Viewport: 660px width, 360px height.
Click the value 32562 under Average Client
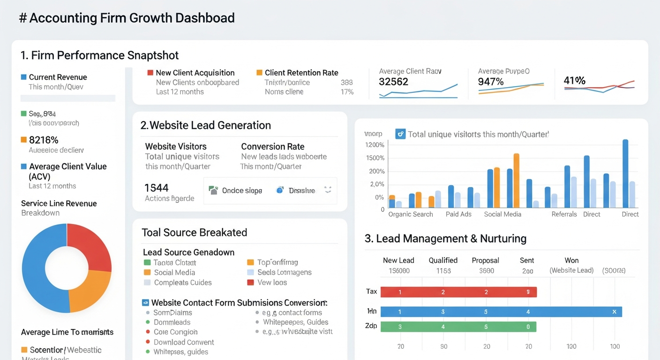coord(393,82)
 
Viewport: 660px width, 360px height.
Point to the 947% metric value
coord(491,82)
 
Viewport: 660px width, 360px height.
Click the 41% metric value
coord(574,81)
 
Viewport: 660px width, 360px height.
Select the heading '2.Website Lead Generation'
coord(205,125)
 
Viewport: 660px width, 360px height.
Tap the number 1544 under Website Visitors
coord(157,188)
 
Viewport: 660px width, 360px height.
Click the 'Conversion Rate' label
coord(272,146)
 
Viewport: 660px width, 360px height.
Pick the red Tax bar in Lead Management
coord(458,292)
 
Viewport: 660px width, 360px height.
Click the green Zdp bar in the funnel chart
coord(458,327)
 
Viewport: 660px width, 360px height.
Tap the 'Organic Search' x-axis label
coord(411,214)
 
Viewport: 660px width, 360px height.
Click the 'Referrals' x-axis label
coord(564,214)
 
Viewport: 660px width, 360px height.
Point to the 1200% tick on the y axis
coord(375,145)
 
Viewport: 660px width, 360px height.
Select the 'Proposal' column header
coord(486,260)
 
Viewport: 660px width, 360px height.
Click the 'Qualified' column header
coord(443,260)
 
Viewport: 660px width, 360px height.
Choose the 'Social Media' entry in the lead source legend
coord(174,272)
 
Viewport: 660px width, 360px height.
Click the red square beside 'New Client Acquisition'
coord(150,73)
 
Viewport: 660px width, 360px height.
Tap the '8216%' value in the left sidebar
coord(44,140)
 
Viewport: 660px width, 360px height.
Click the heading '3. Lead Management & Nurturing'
coord(445,239)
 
